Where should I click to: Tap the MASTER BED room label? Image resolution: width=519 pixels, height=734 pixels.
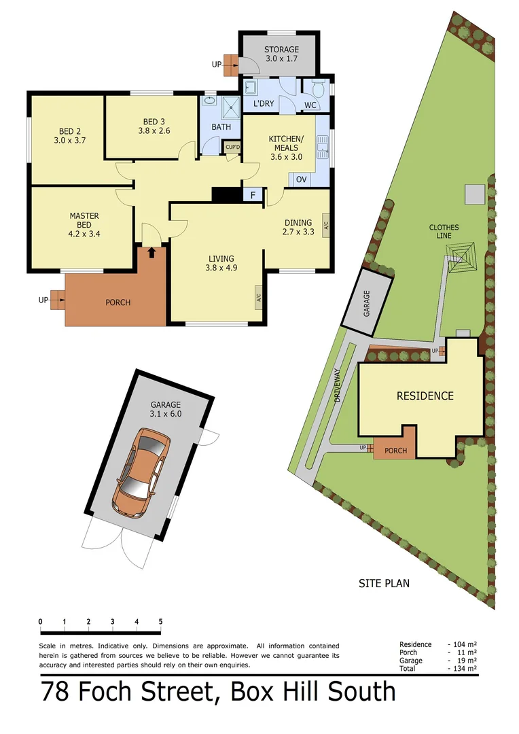click(84, 216)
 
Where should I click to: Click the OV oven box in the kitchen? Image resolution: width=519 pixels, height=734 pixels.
click(300, 179)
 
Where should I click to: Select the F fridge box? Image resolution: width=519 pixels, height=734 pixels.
click(253, 195)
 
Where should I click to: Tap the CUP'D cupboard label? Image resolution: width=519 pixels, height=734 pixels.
click(232, 147)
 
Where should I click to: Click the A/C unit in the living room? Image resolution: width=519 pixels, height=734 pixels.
click(259, 296)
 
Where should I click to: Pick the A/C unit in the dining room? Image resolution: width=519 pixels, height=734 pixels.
click(325, 225)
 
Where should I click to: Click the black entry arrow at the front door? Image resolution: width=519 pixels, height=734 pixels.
click(151, 252)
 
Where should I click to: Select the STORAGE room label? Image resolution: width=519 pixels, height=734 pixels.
click(281, 50)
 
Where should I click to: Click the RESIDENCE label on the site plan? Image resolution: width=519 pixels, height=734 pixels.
click(425, 396)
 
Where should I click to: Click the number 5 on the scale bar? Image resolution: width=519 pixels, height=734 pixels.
click(160, 621)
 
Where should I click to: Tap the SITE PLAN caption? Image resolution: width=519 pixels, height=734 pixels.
click(384, 583)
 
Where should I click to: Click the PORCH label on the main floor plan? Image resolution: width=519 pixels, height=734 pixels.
click(117, 302)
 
